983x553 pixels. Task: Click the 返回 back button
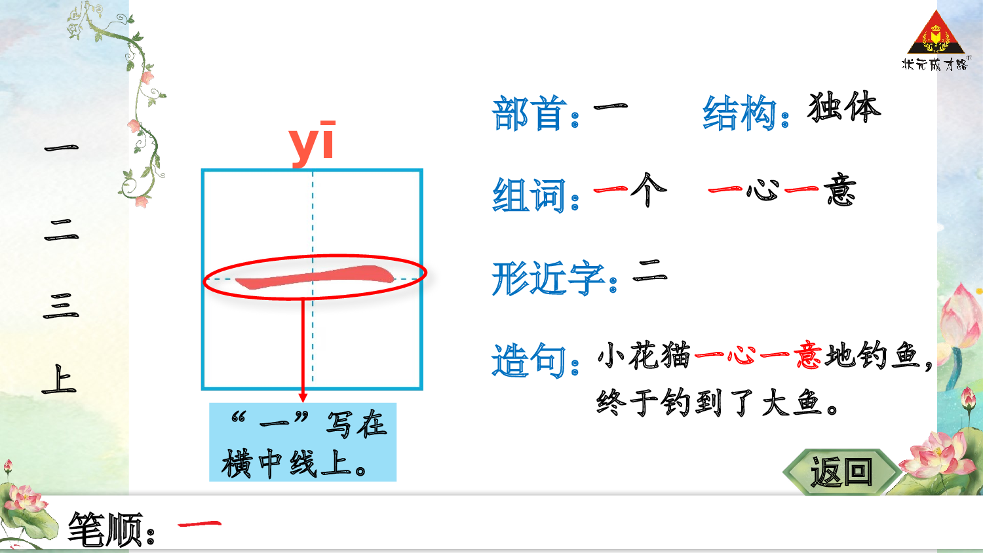(841, 472)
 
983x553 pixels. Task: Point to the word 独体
(844, 107)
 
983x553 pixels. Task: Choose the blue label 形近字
(548, 278)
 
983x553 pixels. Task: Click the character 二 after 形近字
(649, 270)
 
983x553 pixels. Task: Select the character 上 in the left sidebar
(60, 380)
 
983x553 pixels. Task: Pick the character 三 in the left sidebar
(60, 306)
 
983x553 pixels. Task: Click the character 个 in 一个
(648, 190)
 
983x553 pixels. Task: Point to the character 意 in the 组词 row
(840, 190)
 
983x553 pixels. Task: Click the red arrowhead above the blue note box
(303, 397)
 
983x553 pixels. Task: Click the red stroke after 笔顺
(199, 524)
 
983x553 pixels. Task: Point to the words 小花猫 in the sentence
(644, 356)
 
